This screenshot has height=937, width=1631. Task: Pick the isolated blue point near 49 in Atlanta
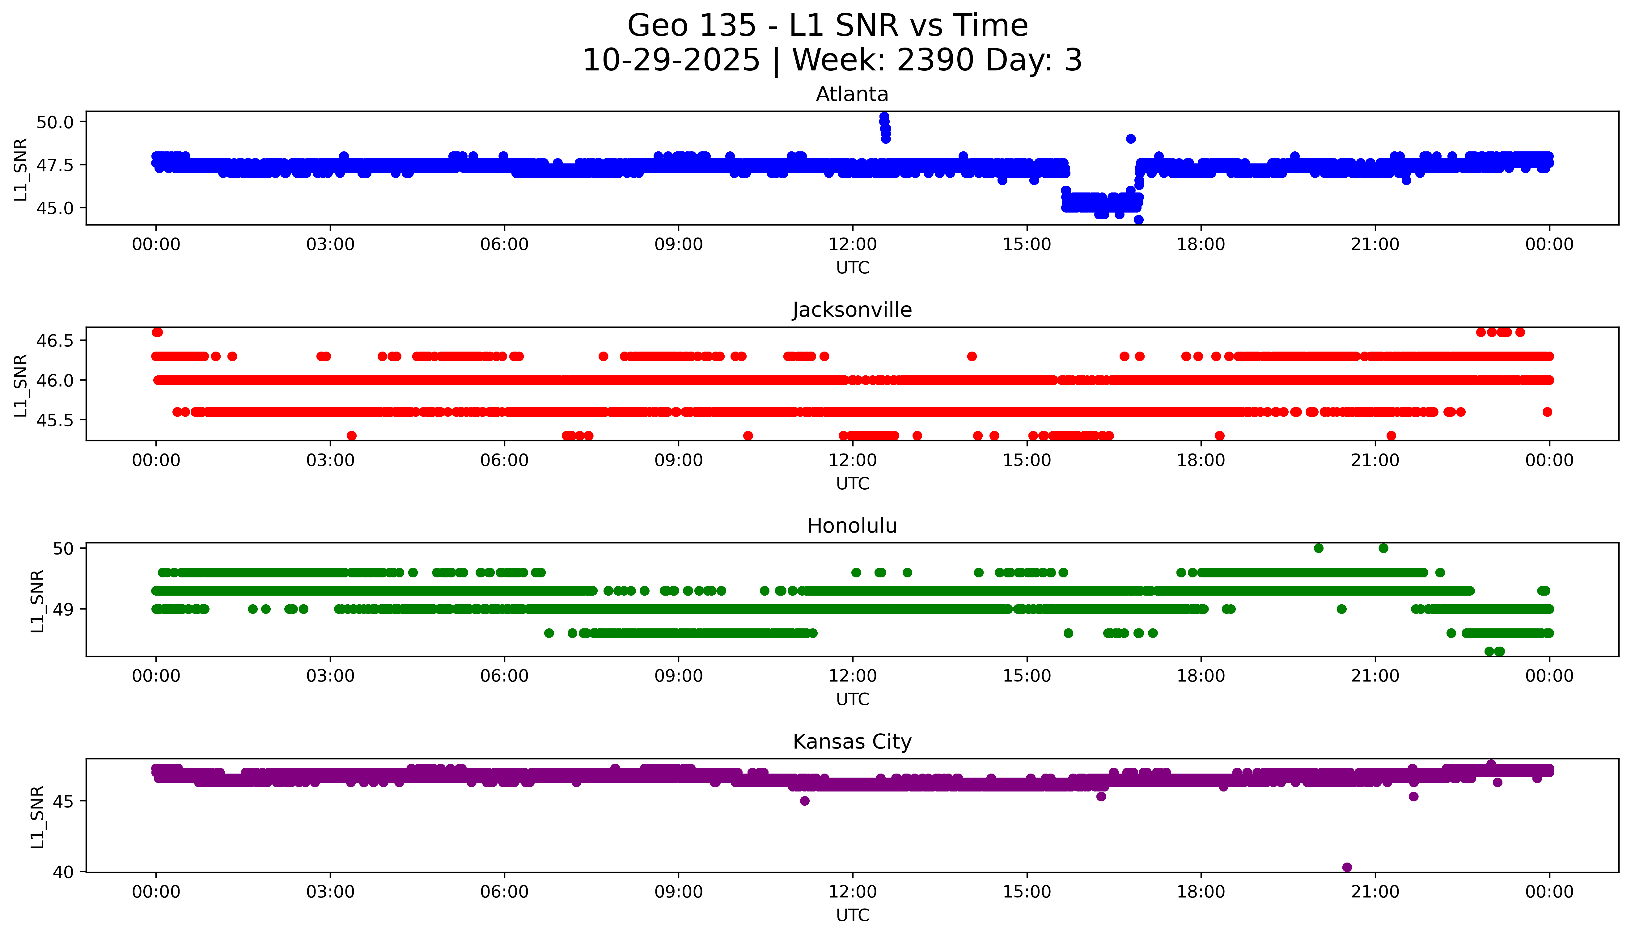pyautogui.click(x=1130, y=138)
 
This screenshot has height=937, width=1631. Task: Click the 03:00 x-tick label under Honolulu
pyautogui.click(x=330, y=676)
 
